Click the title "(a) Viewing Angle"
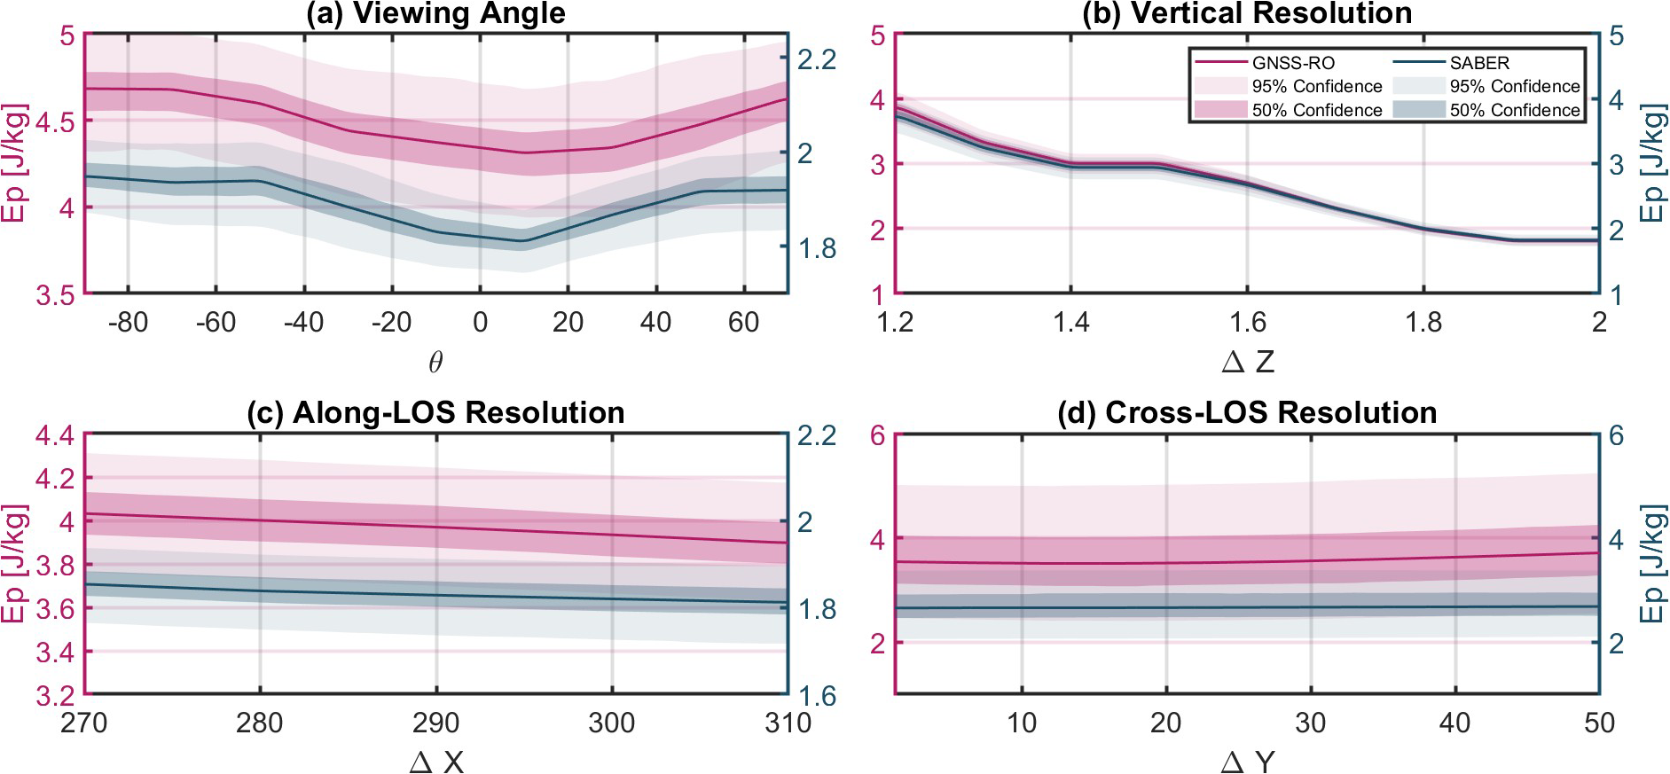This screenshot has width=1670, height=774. (x=435, y=13)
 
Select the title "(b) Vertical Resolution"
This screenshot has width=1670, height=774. (x=1247, y=13)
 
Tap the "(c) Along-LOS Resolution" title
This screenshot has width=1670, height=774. (x=435, y=413)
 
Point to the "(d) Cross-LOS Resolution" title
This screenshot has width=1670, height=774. (x=1247, y=413)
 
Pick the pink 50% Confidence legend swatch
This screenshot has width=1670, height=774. (x=1221, y=110)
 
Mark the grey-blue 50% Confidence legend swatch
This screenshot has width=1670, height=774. (x=1419, y=110)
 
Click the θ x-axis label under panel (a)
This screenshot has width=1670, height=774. (x=435, y=362)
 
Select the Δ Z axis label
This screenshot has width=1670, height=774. (x=1247, y=362)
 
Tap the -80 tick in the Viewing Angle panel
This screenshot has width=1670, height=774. (x=128, y=323)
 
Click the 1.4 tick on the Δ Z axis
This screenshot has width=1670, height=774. (x=1070, y=323)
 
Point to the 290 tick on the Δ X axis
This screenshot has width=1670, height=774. (x=435, y=723)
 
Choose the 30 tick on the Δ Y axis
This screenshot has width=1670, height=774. (x=1310, y=723)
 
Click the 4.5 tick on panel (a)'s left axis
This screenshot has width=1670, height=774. (x=55, y=121)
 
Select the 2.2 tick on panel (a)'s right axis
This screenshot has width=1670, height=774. (x=817, y=59)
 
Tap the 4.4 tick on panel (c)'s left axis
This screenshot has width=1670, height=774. (x=54, y=436)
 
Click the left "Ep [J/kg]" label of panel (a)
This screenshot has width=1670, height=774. (x=14, y=164)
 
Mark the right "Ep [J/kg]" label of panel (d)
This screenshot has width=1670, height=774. (x=1651, y=564)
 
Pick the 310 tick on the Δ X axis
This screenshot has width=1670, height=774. (x=788, y=723)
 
